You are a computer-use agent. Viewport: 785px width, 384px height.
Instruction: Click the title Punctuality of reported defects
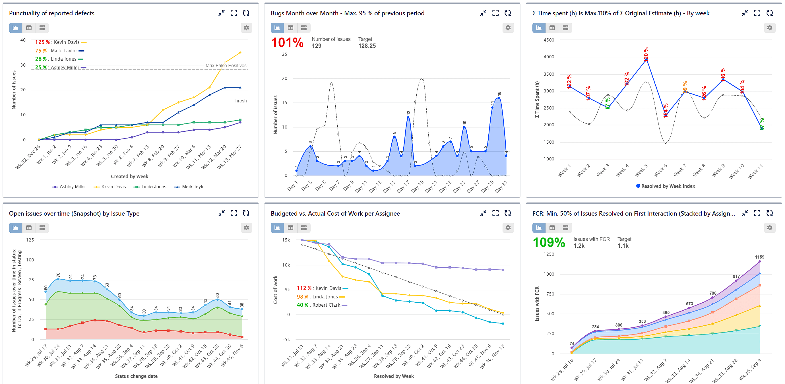(51, 13)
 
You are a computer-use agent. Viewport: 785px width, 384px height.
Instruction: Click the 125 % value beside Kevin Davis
(42, 42)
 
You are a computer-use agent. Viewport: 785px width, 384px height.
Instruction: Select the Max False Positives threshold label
(226, 65)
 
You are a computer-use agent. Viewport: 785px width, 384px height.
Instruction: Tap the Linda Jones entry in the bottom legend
(154, 187)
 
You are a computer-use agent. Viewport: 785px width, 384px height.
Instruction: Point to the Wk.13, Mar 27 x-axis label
(230, 157)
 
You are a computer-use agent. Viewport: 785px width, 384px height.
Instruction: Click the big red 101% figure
(287, 42)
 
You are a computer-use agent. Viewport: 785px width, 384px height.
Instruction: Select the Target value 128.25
(367, 46)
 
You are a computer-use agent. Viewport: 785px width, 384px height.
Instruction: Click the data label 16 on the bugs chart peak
(499, 94)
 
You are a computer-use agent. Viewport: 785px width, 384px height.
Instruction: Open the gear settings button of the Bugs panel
(508, 28)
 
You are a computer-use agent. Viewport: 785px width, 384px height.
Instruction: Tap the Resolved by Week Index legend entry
(668, 186)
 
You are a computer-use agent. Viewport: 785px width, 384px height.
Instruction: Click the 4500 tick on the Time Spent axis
(549, 40)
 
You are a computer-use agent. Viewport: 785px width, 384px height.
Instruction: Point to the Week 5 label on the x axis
(641, 170)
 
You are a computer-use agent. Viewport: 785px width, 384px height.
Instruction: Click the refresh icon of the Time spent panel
(769, 13)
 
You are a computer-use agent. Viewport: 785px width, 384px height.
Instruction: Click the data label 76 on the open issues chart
(58, 274)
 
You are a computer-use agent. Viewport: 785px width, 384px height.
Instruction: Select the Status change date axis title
(136, 376)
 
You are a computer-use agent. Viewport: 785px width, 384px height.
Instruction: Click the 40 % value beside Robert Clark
(302, 305)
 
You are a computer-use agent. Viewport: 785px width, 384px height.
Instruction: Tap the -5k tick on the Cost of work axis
(286, 340)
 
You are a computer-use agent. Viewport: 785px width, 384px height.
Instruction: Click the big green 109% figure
(549, 243)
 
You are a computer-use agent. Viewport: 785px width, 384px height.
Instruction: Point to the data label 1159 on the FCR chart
(759, 257)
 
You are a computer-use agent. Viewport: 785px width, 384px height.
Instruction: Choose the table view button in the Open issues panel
(29, 228)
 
